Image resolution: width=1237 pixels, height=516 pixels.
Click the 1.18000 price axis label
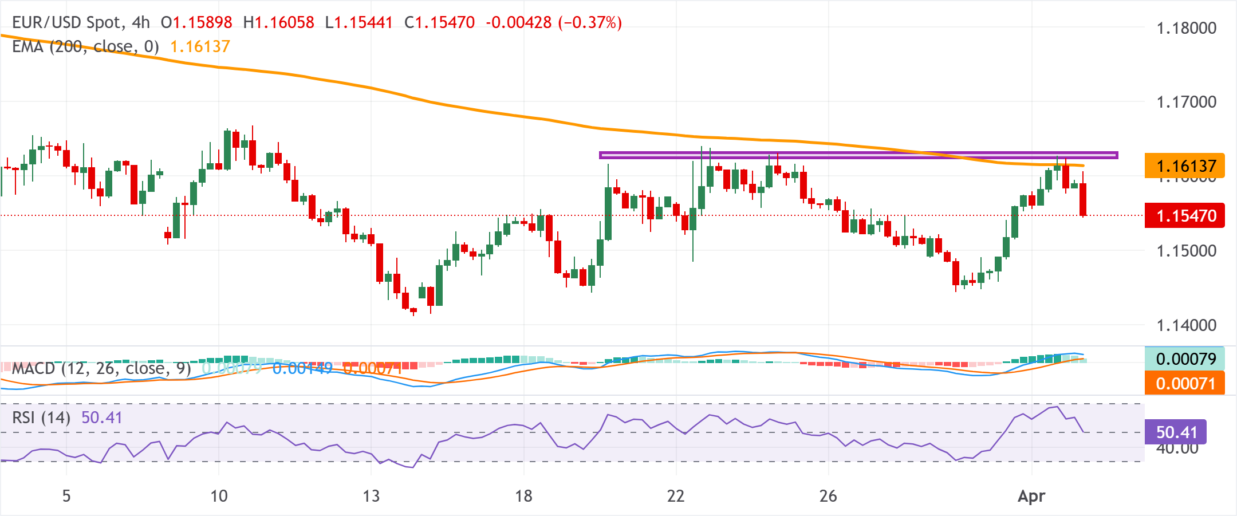tap(1186, 27)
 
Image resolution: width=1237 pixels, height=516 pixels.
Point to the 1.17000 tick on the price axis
tap(1186, 102)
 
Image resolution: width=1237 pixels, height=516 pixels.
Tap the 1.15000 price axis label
tap(1186, 250)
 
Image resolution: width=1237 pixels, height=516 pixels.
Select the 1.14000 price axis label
tap(1186, 325)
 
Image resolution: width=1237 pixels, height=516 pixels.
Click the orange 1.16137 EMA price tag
tap(1184, 166)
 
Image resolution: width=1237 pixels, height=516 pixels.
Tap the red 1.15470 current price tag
tap(1184, 215)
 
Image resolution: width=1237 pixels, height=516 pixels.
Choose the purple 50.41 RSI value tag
tap(1175, 432)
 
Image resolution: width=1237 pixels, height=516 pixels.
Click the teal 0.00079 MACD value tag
tap(1184, 359)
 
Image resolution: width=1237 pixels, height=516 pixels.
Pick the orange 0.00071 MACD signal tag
tap(1184, 383)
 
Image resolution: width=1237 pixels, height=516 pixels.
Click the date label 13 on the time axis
tap(371, 495)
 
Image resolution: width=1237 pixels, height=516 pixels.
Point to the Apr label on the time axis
tap(1031, 495)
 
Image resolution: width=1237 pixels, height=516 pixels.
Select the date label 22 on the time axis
tap(676, 495)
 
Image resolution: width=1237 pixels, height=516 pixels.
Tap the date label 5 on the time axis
tap(66, 495)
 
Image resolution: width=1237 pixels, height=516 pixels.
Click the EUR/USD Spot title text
tap(67, 22)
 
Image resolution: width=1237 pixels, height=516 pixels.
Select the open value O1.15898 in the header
tap(196, 22)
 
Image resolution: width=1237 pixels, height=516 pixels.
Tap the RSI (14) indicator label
tap(41, 417)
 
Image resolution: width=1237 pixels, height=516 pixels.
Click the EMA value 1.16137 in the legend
tap(200, 46)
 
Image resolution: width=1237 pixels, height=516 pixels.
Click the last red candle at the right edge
tap(1083, 199)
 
